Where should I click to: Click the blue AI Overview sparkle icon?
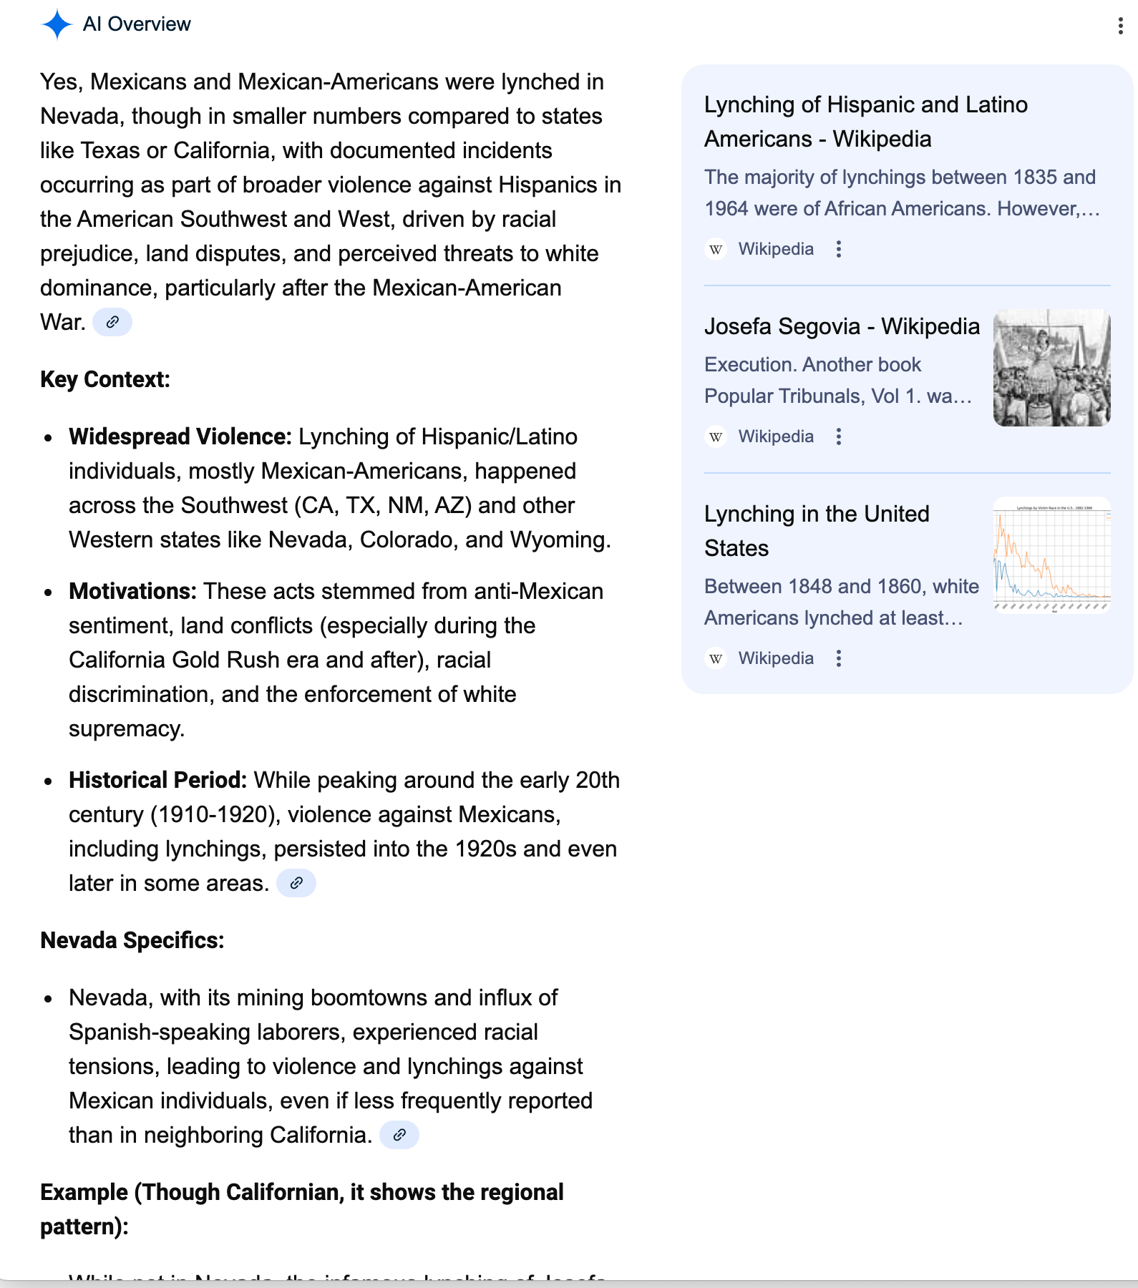pos(57,24)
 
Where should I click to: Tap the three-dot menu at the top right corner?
pos(1120,26)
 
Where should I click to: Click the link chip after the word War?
pos(112,322)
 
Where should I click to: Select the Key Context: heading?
pos(105,379)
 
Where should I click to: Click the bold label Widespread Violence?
pos(180,436)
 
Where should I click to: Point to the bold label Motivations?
pos(132,591)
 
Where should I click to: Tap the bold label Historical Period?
pos(157,780)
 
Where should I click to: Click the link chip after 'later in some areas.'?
pos(296,883)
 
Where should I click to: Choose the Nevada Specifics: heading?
pos(132,940)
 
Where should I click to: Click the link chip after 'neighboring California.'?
pos(399,1135)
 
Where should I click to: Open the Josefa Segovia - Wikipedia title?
pos(842,326)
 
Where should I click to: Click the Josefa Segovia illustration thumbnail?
pos(1051,368)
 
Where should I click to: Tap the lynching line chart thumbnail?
pos(1051,555)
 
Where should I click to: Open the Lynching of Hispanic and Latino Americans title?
pos(865,122)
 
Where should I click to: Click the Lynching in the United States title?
pos(817,531)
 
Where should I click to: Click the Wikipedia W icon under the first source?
pos(716,249)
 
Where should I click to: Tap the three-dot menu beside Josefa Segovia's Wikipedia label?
pos(839,436)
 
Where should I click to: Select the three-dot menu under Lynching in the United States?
pos(839,658)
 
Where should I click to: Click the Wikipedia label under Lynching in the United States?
pos(776,658)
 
